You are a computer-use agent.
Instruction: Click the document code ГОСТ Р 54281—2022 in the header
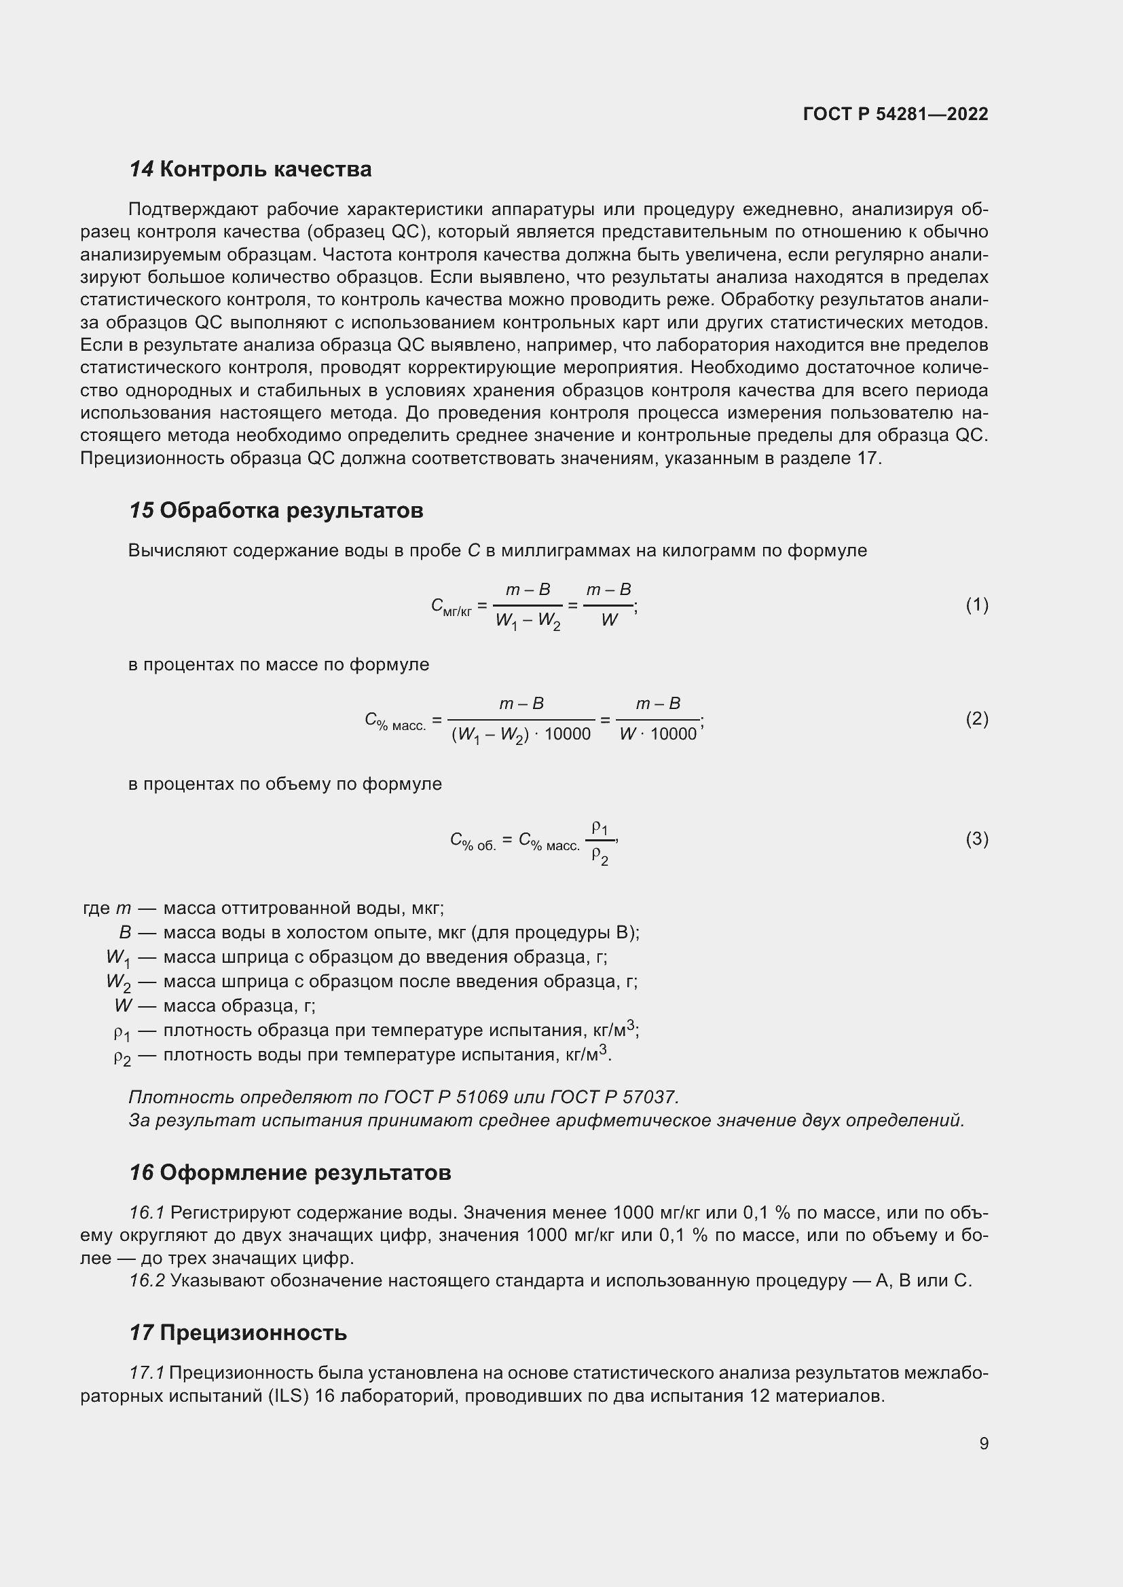[896, 114]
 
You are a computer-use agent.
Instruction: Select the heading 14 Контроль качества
[251, 170]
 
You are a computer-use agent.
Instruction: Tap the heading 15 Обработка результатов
[276, 511]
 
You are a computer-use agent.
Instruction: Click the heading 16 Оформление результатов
[290, 1173]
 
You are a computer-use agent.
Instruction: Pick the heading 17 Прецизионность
[238, 1333]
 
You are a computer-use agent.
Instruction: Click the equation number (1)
[976, 605]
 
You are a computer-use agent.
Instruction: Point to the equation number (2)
[976, 719]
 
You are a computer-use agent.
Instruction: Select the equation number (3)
[976, 839]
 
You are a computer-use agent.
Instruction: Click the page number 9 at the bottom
[983, 1444]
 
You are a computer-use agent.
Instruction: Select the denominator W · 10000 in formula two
[658, 735]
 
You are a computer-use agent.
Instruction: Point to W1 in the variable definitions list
[117, 958]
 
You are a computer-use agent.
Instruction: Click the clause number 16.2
[147, 1281]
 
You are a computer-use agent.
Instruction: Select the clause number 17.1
[147, 1373]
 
